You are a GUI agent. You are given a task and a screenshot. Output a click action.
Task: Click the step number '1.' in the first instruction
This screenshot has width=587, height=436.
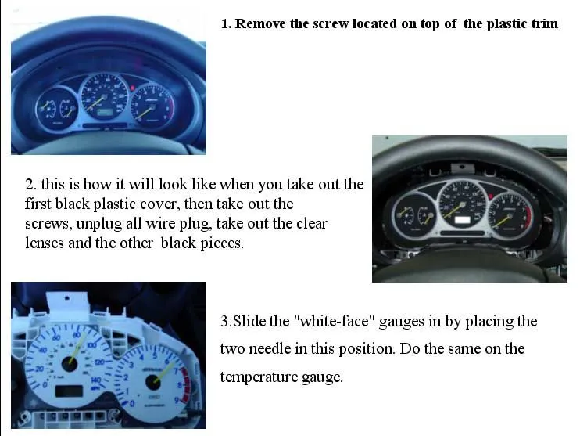click(227, 23)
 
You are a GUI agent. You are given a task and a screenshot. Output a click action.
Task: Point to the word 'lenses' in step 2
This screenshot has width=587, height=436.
click(45, 243)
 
